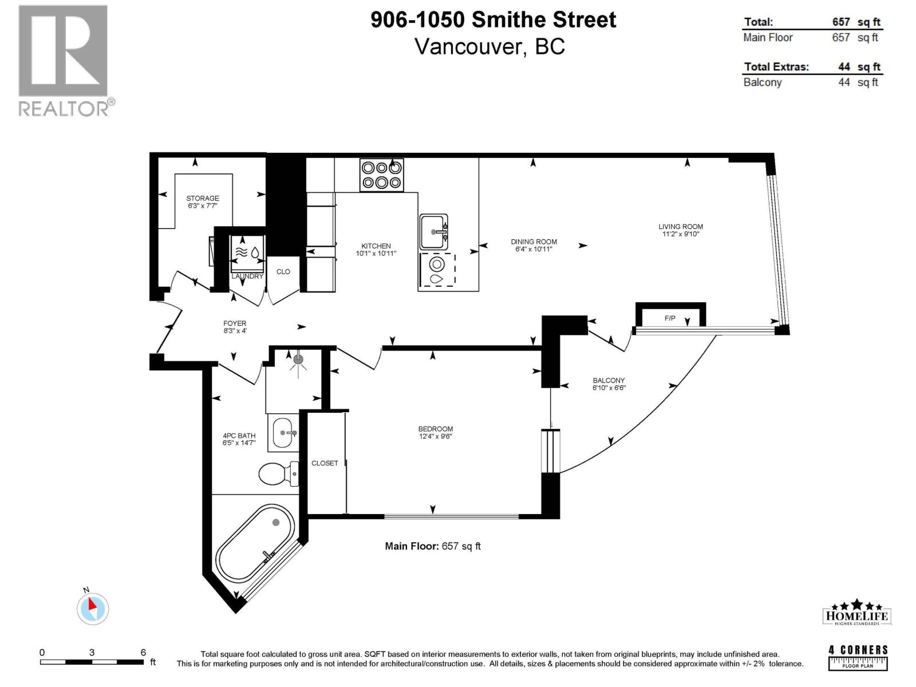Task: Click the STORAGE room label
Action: (203, 198)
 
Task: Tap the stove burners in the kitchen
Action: (381, 175)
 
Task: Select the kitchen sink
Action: (434, 232)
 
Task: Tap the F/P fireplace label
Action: (670, 318)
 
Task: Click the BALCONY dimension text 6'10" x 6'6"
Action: (609, 388)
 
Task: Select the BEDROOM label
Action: (435, 429)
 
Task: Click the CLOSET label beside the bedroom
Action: (325, 463)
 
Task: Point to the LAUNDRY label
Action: (247, 276)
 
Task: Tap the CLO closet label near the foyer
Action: (283, 271)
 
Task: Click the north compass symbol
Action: (92, 608)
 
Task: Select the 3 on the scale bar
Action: (92, 652)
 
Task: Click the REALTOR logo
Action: (64, 60)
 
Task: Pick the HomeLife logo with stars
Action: (857, 613)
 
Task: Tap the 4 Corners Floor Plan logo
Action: (858, 657)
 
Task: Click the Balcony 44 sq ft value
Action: (858, 82)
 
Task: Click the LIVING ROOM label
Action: (680, 227)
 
